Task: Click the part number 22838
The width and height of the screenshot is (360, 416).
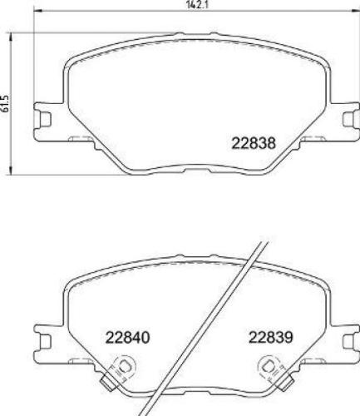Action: tap(251, 142)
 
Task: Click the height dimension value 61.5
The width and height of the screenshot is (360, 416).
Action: tap(7, 102)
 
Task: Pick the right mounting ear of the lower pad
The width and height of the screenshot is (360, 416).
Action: tap(343, 336)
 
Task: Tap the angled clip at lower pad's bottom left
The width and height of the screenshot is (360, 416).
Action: tap(106, 384)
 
